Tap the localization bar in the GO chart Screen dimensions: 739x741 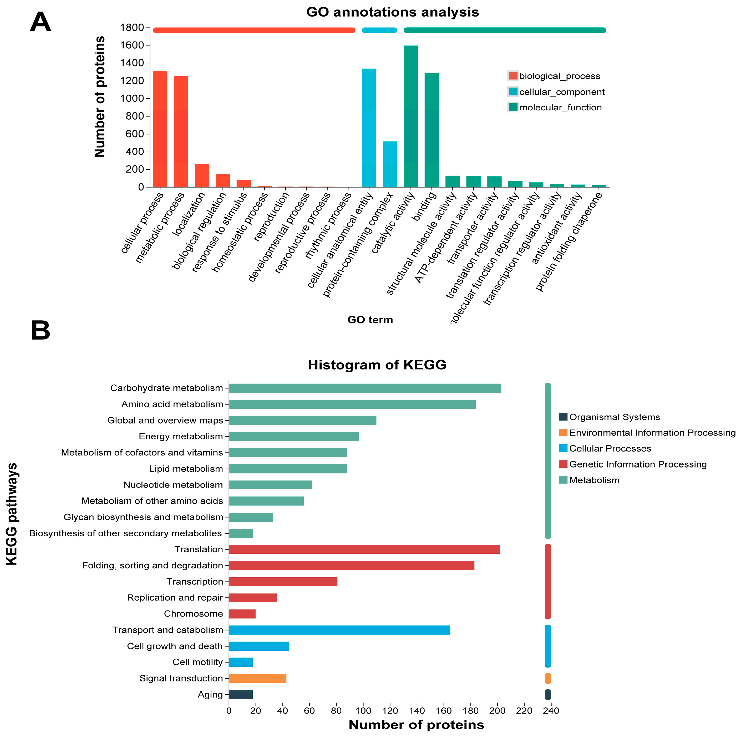202,176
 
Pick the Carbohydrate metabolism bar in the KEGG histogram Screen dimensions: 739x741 365,388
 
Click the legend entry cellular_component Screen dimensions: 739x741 561,92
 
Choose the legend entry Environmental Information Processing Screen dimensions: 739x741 652,433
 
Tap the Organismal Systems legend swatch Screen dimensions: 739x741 563,417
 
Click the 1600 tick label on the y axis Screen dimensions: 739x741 132,45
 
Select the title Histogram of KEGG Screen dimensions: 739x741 377,365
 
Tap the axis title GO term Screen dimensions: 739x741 370,320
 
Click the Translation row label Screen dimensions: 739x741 199,549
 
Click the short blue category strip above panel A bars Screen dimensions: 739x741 379,30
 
